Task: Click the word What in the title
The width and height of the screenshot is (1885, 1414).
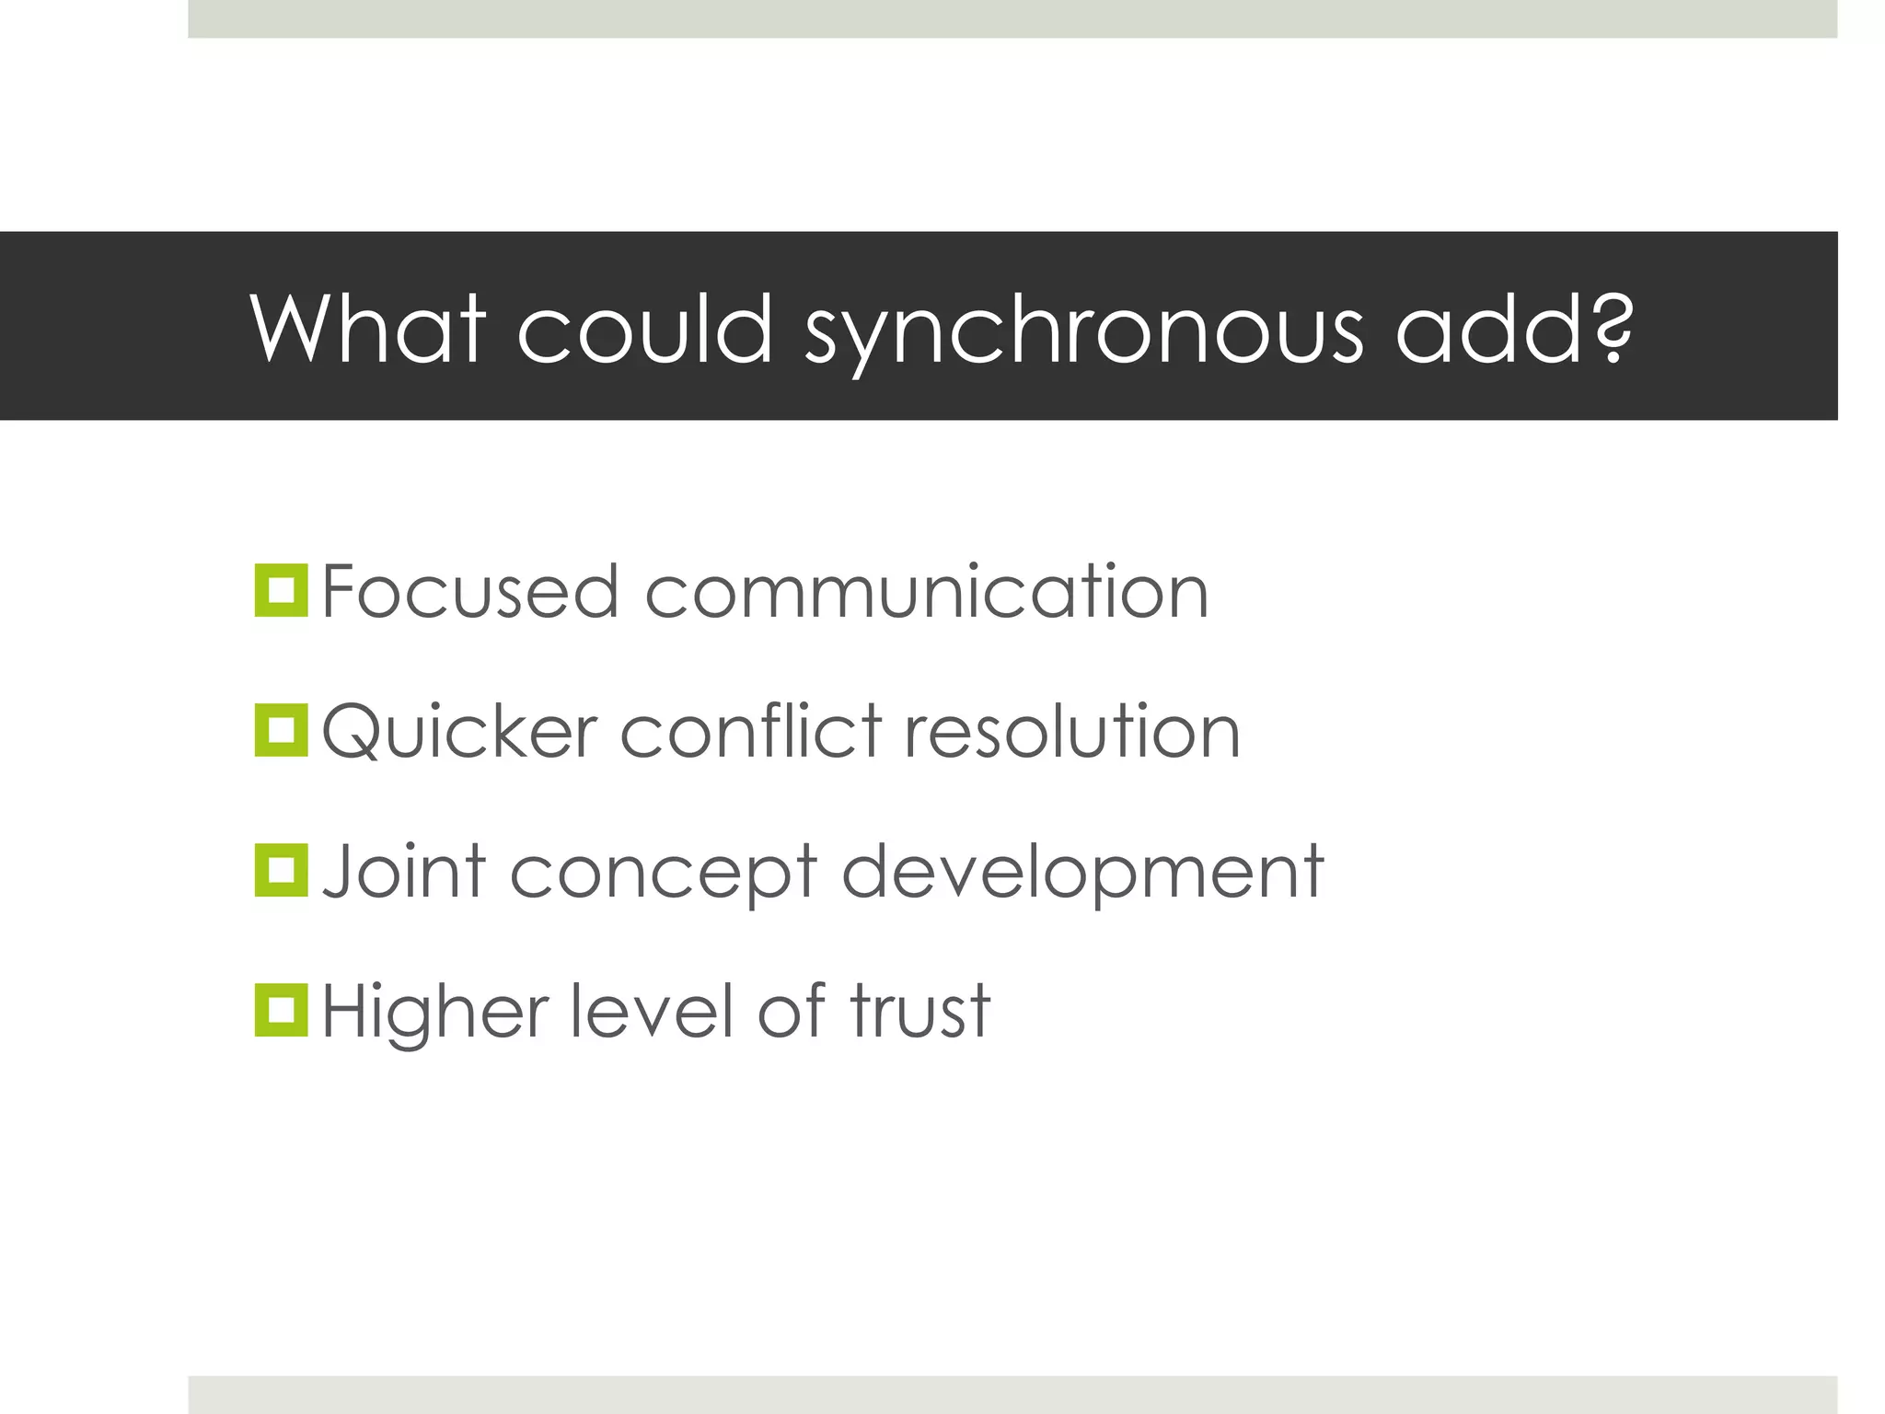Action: tap(367, 329)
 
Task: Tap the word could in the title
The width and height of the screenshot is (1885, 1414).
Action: tap(644, 329)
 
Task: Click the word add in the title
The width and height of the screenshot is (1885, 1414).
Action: tap(1487, 329)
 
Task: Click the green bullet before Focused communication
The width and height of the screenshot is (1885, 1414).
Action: tap(281, 590)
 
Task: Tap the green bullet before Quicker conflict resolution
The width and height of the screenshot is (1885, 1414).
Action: tap(281, 731)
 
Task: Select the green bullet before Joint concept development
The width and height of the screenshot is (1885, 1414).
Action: tap(281, 870)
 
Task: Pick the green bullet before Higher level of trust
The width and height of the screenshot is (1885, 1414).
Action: tap(281, 1010)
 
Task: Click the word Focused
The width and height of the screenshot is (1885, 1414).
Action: tap(469, 591)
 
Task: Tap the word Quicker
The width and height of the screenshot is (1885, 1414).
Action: tap(460, 733)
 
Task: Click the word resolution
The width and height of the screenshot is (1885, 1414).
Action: tap(1073, 731)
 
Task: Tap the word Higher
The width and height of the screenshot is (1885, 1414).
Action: tap(435, 1013)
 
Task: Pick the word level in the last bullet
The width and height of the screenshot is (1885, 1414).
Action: tap(653, 1011)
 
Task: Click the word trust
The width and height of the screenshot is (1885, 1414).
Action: tap(919, 1011)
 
